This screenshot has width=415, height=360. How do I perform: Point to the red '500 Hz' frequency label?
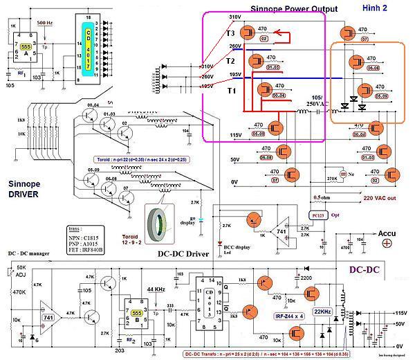pyautogui.click(x=46, y=24)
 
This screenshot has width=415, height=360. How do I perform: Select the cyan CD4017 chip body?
pyautogui.click(x=88, y=46)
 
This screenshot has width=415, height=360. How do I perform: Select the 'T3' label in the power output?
pyautogui.click(x=230, y=33)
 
